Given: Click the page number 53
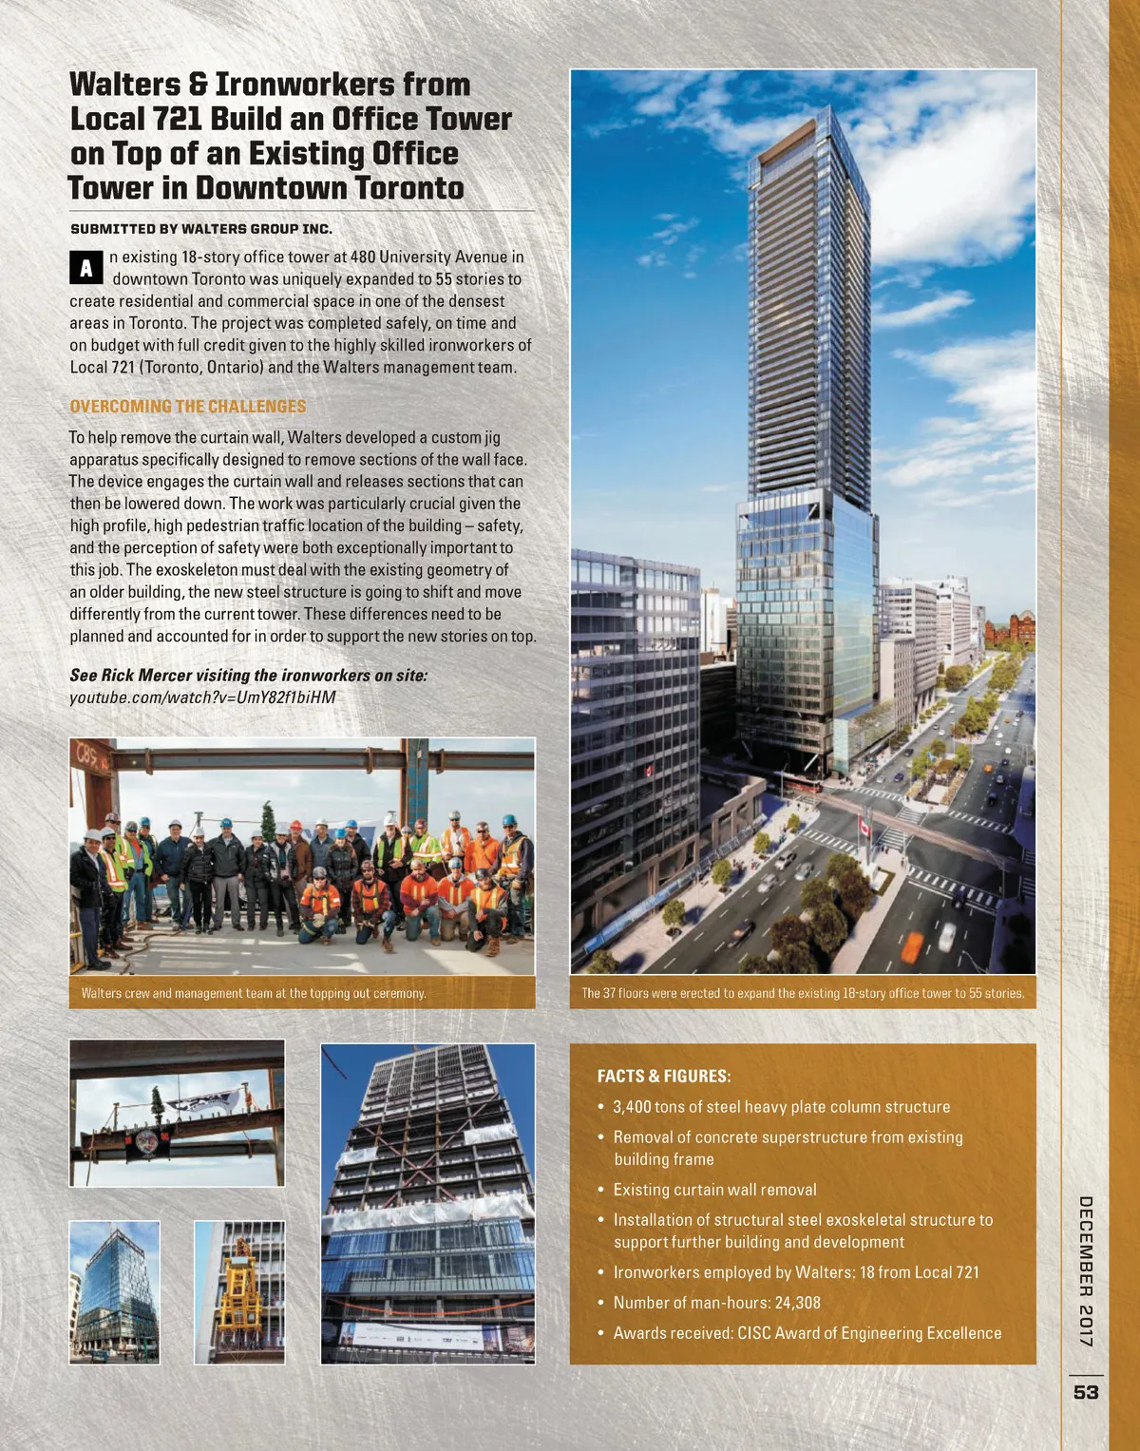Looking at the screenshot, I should coord(1086,1392).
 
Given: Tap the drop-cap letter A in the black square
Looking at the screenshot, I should coord(85,268).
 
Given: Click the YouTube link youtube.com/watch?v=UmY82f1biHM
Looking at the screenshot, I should coord(202,697).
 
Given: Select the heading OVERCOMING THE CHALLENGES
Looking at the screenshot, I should coord(188,407).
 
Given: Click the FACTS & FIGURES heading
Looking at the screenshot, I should coord(664,1077).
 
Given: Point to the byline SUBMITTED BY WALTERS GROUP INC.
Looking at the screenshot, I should coord(201,229).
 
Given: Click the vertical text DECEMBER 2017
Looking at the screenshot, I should coord(1086,1270).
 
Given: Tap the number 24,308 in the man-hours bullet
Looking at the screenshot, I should coord(797,1303).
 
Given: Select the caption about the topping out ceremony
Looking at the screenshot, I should coord(254,993).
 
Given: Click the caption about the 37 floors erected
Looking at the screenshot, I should coord(803,993).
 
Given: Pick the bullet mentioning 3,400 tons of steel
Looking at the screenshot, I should coord(781,1107).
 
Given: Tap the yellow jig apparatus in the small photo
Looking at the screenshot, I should coord(238,1286).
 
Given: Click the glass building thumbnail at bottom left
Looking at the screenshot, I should coord(114,1292).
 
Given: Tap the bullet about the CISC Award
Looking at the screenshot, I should coord(807,1333).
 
